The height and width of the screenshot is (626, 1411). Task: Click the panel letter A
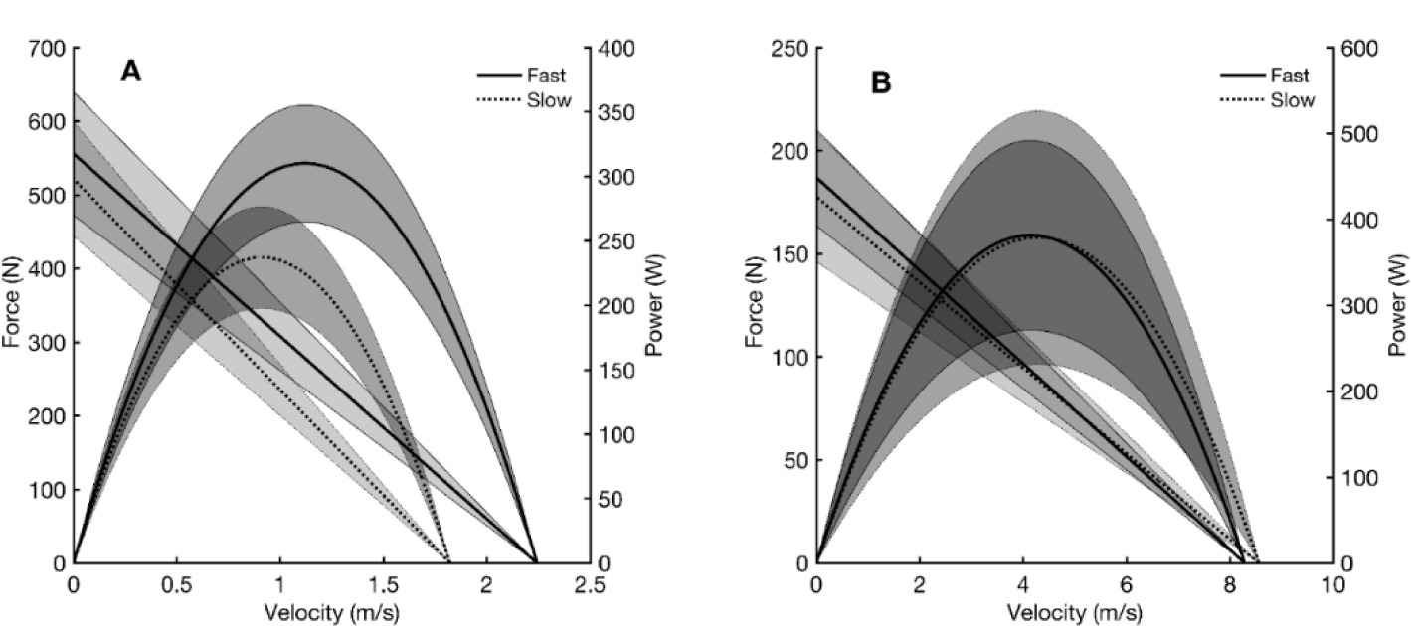[130, 72]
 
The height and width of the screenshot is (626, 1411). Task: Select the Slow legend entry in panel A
[549, 100]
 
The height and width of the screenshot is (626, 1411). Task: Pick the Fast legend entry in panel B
[1290, 75]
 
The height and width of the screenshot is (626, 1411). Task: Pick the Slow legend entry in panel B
[1291, 100]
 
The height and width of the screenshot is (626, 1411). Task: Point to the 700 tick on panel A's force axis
[48, 48]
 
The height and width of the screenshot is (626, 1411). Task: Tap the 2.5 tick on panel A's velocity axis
[590, 585]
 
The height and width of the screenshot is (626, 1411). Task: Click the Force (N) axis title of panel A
[12, 303]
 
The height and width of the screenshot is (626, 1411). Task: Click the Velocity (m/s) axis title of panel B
[1074, 609]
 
